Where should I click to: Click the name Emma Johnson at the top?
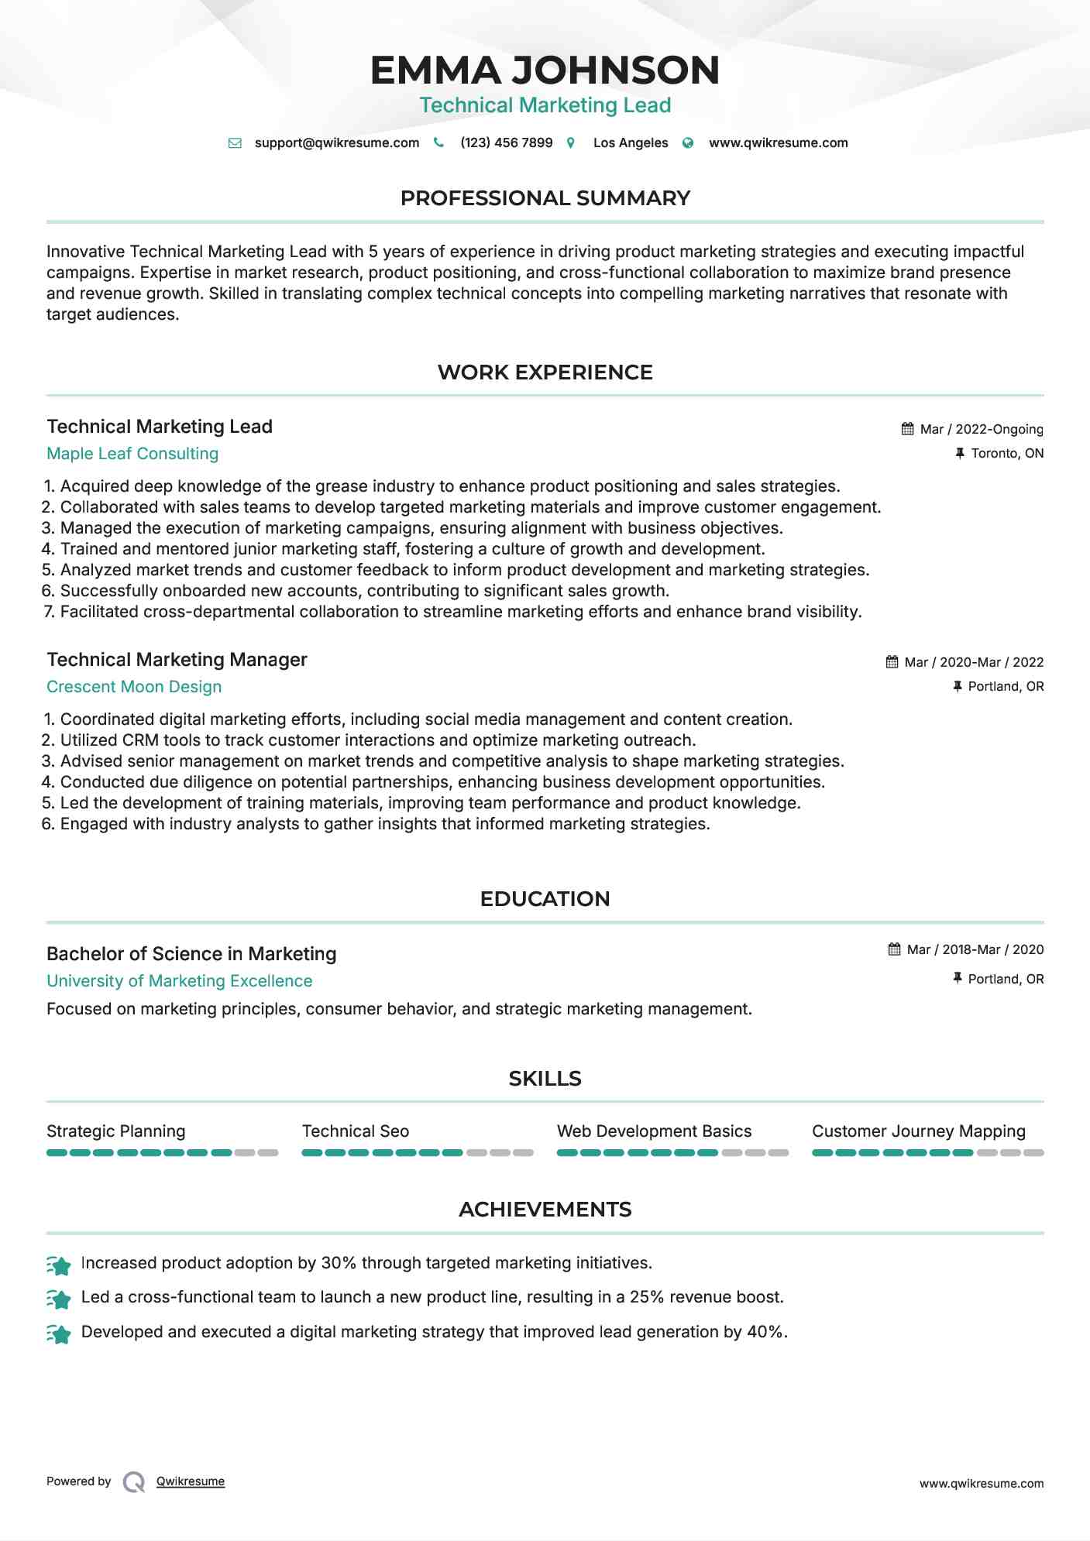tap(545, 70)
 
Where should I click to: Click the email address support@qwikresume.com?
tap(336, 142)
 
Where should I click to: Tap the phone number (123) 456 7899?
tap(506, 142)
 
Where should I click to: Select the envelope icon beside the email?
tap(235, 143)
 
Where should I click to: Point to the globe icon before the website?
tap(688, 143)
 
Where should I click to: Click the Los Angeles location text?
tap(630, 142)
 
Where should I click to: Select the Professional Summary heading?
tap(545, 198)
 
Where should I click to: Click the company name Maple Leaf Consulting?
tap(132, 454)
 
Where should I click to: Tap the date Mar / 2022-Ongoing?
tap(981, 429)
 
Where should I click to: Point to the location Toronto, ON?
tap(1007, 453)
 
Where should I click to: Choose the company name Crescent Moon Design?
tap(134, 687)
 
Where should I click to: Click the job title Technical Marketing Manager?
tap(177, 660)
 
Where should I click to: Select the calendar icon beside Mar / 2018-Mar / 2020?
tap(894, 949)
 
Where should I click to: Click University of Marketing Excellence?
tap(180, 981)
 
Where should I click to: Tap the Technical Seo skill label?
tap(356, 1131)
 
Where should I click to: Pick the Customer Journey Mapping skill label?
tap(918, 1131)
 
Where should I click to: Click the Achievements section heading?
tap(545, 1210)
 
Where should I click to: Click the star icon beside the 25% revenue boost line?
tap(59, 1299)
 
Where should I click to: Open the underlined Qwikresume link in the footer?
tap(191, 1481)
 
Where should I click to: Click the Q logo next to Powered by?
tap(134, 1482)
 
